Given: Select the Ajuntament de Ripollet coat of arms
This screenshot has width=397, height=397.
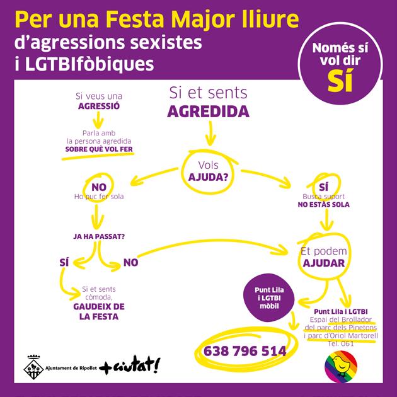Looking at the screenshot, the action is [32, 364].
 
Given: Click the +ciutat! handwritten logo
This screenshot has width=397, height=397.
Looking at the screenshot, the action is [130, 364].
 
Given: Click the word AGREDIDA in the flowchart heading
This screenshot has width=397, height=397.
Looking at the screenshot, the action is [208, 112].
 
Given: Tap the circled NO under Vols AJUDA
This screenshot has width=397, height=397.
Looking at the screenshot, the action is [99, 187].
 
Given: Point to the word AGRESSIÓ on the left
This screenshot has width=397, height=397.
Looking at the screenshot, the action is [98, 106].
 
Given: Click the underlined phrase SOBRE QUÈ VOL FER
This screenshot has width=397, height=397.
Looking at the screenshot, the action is [100, 150].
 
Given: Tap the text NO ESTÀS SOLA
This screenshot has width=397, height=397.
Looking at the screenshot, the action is [324, 205].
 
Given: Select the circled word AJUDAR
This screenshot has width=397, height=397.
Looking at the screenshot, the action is [322, 263].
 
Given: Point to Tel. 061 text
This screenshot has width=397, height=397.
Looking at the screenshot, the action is [341, 343].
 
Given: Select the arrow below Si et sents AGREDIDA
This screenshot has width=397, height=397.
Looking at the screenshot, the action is [209, 134].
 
